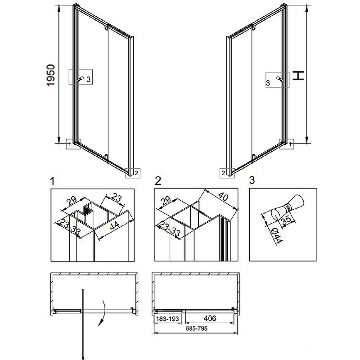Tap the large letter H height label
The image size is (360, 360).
coord(298,76)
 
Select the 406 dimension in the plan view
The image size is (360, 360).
coord(210,318)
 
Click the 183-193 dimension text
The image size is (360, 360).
coord(167,319)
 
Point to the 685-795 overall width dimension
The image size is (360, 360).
coord(197,328)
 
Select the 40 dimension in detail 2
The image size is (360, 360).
coord(223,197)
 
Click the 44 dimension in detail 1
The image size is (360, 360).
coord(114,225)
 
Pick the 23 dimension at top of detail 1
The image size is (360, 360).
coord(117,198)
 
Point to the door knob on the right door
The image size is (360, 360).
coord(279,79)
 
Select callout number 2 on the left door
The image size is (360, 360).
coord(136,173)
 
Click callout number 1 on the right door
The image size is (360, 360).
coord(290,144)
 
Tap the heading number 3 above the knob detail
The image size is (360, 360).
coord(252,180)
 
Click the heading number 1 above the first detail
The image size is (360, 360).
coord(53,181)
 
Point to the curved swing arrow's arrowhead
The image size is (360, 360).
coord(100,323)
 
